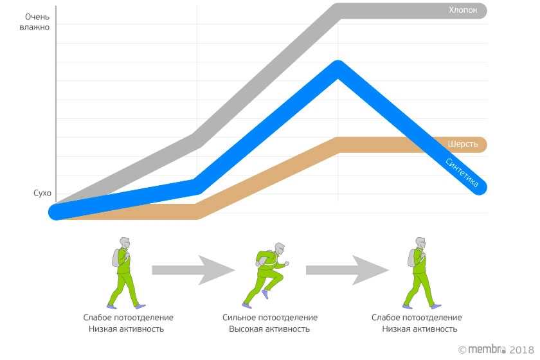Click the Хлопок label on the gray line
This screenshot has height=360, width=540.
pos(463,11)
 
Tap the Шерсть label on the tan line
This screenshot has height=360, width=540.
pos(463,145)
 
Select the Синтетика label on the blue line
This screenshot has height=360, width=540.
pos(462,173)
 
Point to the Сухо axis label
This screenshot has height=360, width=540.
pos(42,194)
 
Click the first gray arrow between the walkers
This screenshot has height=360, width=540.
pos(193,270)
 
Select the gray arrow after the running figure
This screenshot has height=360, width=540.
pos(347,270)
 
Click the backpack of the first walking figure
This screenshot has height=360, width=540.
pos(116,257)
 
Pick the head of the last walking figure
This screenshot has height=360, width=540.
pos(420,243)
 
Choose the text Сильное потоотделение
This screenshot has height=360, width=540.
pos(270,318)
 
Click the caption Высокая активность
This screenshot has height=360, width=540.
pos(270,329)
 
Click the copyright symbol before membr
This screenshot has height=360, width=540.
pos(462,349)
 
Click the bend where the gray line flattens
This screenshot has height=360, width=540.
pos(339,11)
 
